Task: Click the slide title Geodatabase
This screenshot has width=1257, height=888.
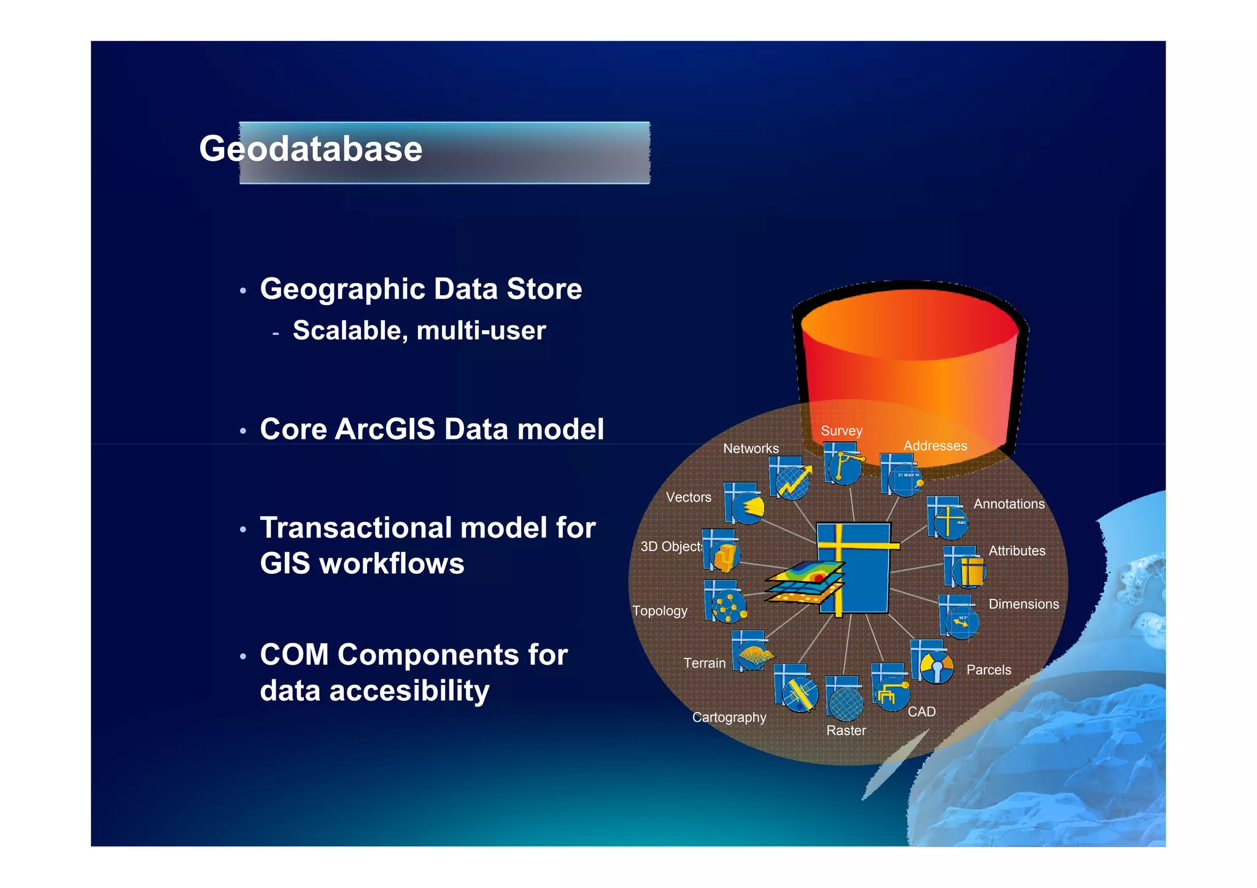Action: [x=311, y=149]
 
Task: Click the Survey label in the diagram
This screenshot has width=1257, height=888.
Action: [x=841, y=431]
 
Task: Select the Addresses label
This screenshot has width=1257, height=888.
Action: [x=935, y=446]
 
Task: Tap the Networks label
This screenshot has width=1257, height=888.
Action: [x=751, y=449]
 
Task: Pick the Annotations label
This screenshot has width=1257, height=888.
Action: [x=1008, y=504]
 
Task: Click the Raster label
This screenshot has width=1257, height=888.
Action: [x=846, y=730]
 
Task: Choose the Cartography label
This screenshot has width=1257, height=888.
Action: [x=729, y=717]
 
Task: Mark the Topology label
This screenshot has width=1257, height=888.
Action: [x=660, y=611]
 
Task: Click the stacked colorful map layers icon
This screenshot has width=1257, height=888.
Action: [x=805, y=582]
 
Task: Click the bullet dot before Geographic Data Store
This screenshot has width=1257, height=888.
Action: [x=243, y=291]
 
